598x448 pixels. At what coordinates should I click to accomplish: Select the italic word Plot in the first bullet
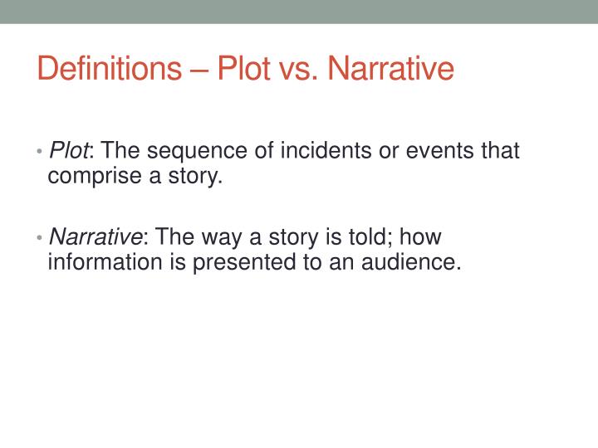point(69,151)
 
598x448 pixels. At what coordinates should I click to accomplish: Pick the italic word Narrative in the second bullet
point(95,237)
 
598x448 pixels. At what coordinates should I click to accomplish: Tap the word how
point(421,237)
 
